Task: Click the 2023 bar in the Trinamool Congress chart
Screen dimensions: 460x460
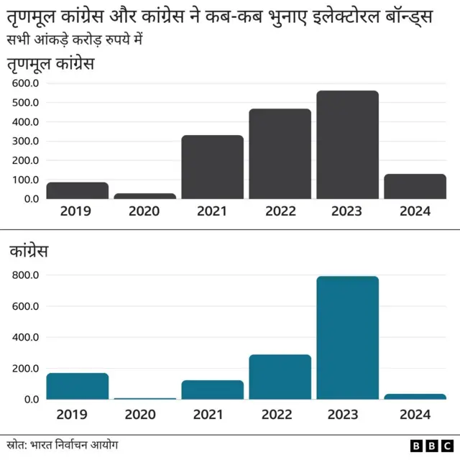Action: click(x=347, y=144)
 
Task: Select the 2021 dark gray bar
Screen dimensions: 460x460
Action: click(x=212, y=167)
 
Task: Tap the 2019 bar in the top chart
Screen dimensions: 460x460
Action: click(x=78, y=190)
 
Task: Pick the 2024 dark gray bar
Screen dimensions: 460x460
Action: click(x=415, y=186)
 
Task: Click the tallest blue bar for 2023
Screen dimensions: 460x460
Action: click(x=347, y=337)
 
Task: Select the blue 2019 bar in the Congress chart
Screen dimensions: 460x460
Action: click(x=78, y=386)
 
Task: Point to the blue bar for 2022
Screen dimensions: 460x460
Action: click(x=280, y=377)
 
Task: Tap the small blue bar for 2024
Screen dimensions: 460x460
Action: click(x=415, y=396)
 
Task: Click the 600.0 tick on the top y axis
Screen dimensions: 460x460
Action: click(x=26, y=83)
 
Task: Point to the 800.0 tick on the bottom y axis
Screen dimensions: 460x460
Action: click(x=26, y=275)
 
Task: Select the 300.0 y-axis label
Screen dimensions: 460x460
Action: click(x=26, y=141)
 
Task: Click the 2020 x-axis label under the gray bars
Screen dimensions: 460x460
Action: click(x=144, y=211)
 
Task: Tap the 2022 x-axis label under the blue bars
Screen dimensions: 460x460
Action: click(x=280, y=414)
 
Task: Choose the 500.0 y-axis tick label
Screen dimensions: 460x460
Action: click(x=26, y=103)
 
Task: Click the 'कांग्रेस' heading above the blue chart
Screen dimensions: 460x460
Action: click(x=29, y=252)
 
